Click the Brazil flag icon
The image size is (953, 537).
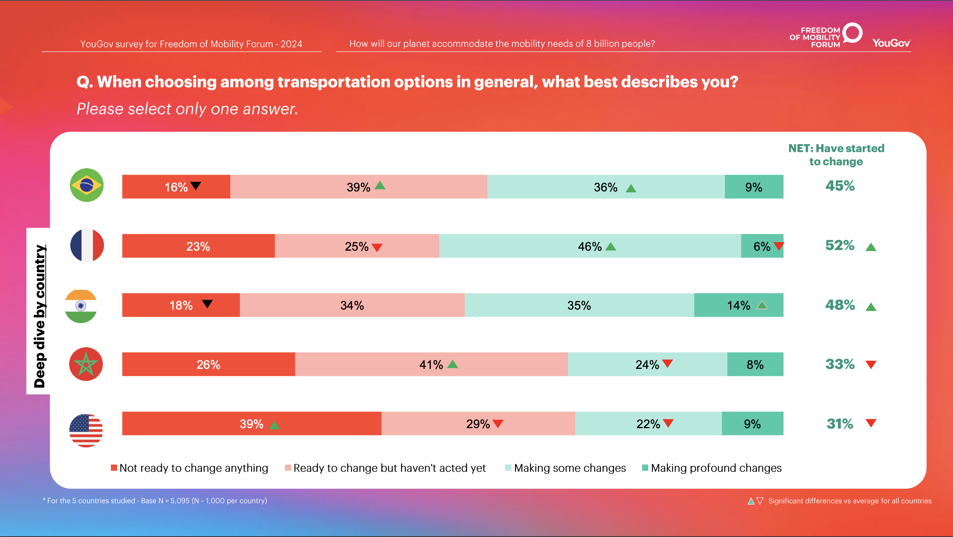click(86, 185)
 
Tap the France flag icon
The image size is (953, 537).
click(87, 245)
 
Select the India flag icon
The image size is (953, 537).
click(81, 306)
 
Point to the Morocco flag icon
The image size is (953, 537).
click(86, 364)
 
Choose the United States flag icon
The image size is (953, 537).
click(86, 430)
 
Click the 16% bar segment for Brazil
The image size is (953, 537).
click(176, 187)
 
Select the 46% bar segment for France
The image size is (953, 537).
click(590, 246)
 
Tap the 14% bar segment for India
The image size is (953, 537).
click(738, 305)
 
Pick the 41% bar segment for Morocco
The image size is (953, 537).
click(431, 364)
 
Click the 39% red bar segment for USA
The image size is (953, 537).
click(252, 423)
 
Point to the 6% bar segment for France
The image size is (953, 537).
click(761, 246)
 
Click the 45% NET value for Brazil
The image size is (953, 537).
click(840, 186)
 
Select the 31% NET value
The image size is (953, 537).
click(840, 423)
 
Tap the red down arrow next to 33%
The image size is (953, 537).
click(871, 365)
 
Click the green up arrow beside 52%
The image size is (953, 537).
click(871, 247)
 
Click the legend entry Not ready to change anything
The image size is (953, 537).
click(190, 468)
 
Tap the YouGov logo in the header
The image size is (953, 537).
click(891, 43)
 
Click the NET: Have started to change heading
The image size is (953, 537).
click(836, 155)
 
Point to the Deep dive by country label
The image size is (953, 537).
click(40, 316)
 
